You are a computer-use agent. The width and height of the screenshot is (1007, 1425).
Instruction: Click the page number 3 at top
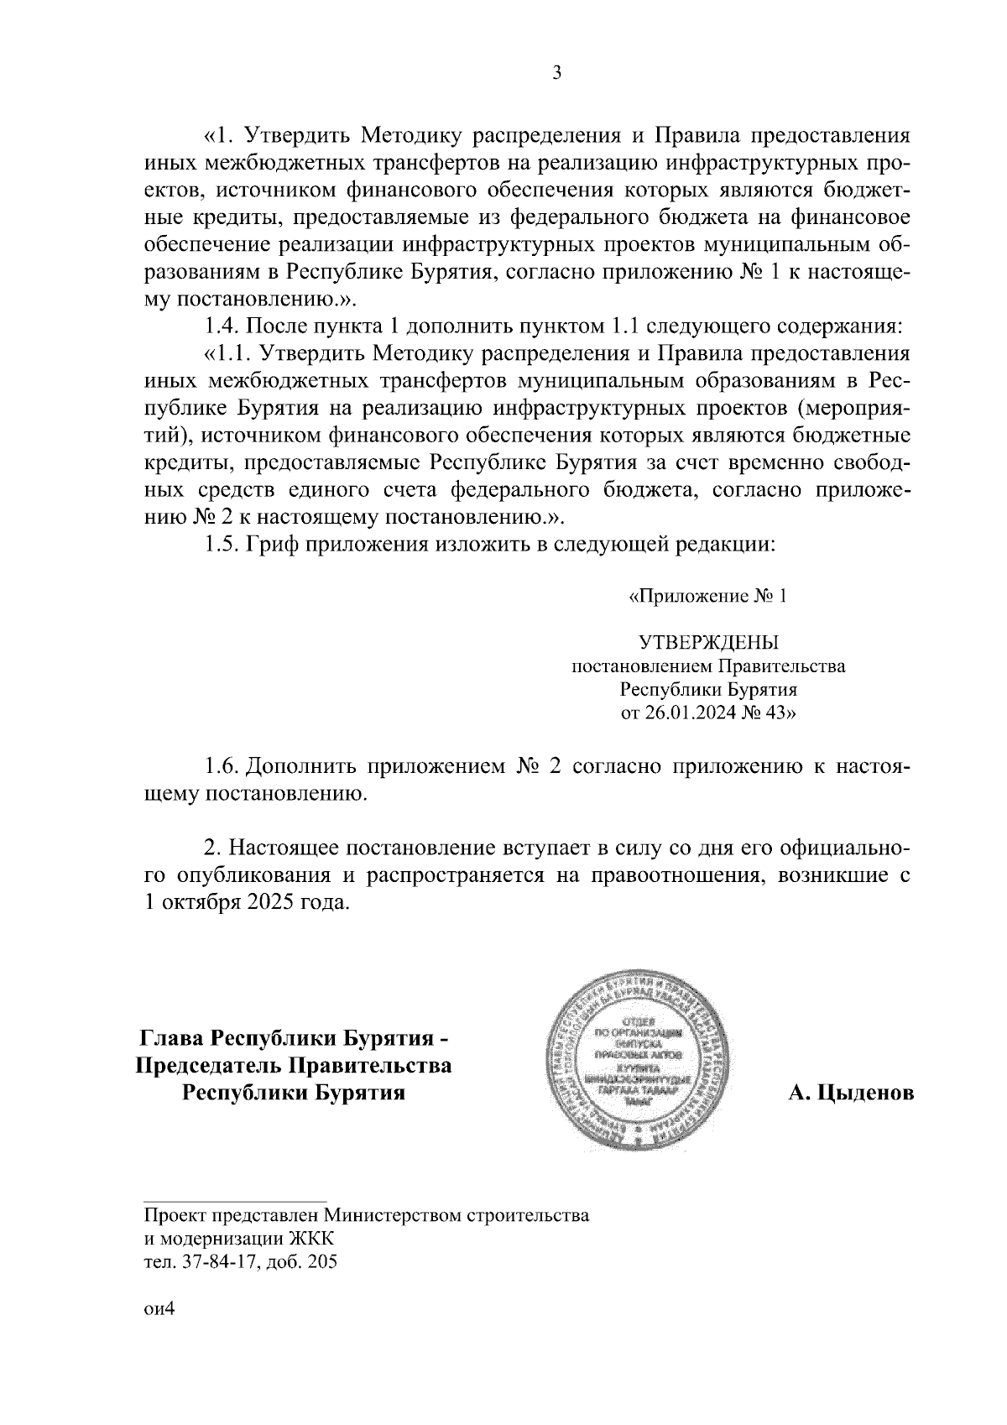[x=556, y=73]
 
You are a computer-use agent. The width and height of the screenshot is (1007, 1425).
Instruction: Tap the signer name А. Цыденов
[x=851, y=1094]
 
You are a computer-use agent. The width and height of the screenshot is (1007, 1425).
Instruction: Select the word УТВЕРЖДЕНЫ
[x=709, y=644]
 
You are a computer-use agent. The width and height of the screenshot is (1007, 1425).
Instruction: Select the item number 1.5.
[x=222, y=544]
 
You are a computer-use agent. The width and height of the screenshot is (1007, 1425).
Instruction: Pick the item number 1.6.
[x=222, y=766]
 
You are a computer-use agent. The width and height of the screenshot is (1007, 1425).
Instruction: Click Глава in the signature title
[x=172, y=1038]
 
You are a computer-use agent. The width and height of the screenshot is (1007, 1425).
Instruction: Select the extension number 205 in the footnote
[x=322, y=1261]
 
